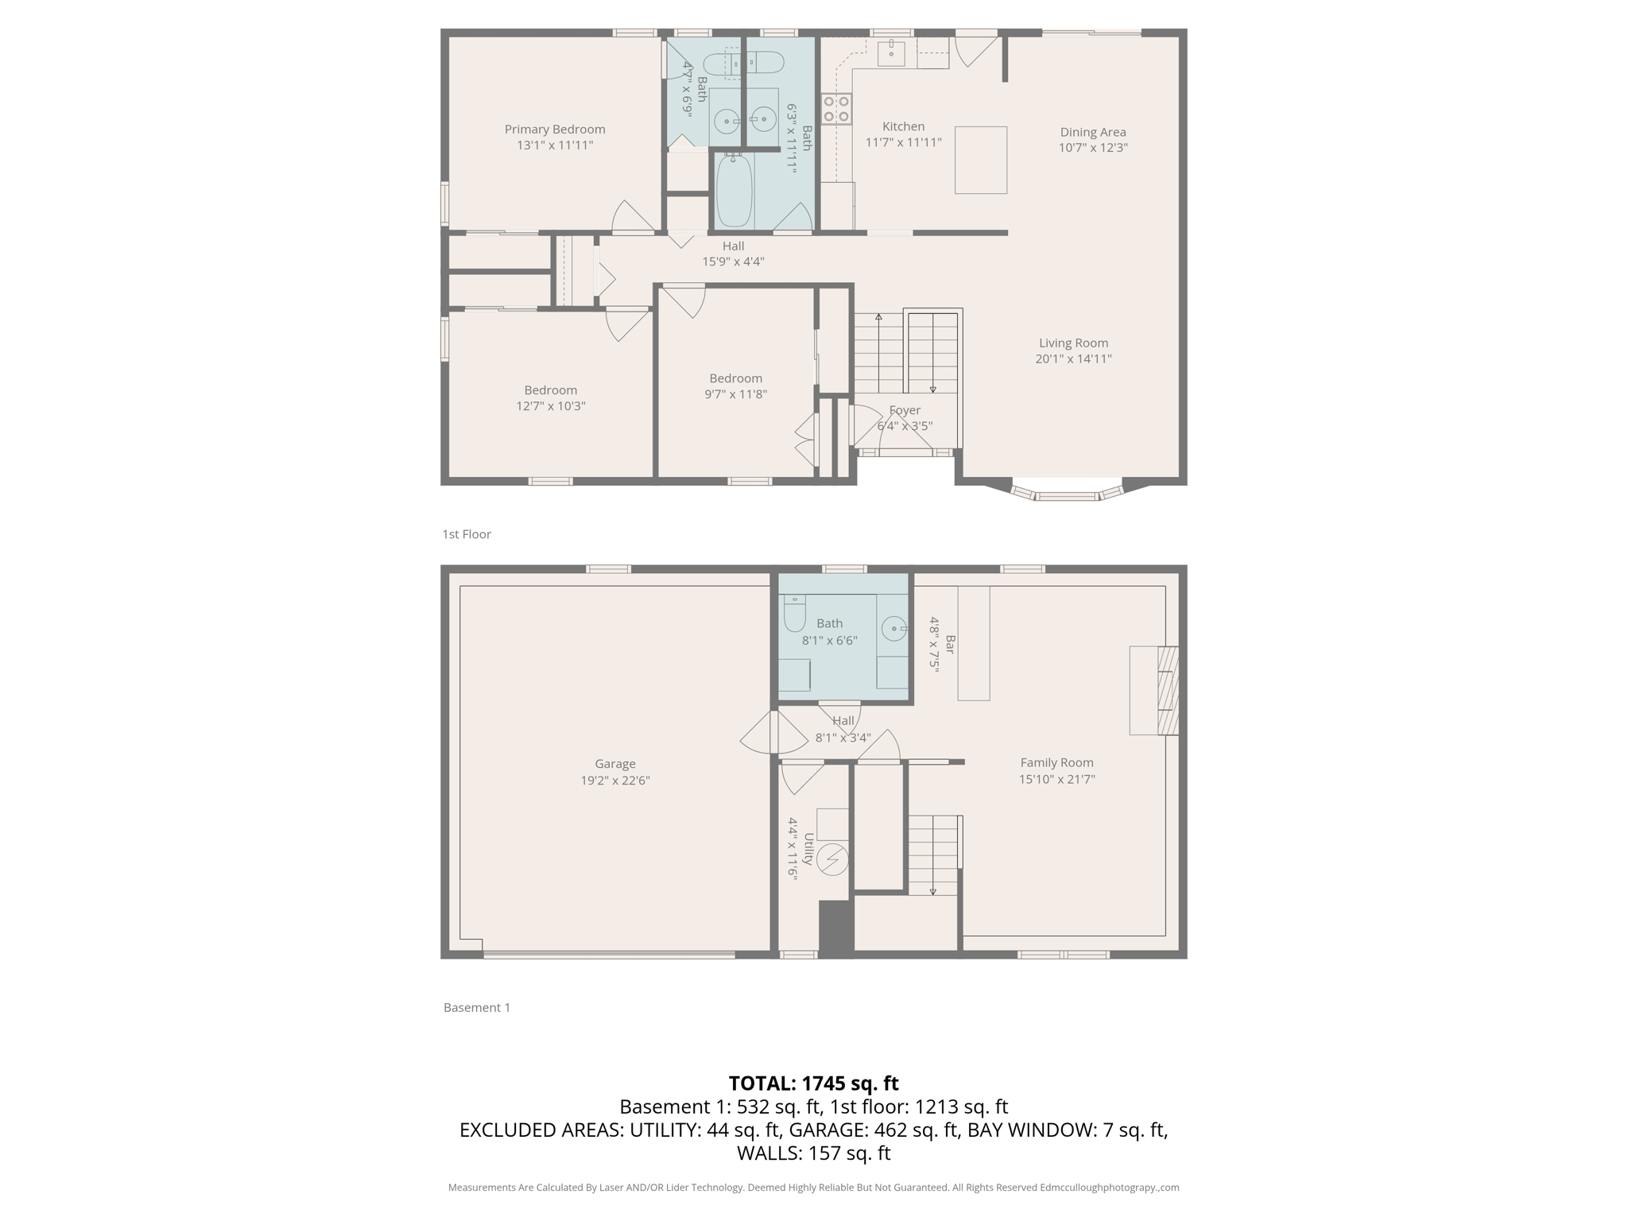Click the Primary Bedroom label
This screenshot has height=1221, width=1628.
(x=554, y=129)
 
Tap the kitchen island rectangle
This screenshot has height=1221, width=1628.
(x=980, y=160)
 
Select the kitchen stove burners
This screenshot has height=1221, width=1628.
(x=835, y=109)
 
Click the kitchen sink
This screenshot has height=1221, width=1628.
(x=891, y=53)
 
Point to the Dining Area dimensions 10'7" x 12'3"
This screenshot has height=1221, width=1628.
(x=1092, y=148)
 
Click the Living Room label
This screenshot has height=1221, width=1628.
(x=1072, y=343)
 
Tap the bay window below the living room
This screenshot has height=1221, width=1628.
(x=1067, y=494)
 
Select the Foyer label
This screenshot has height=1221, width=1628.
(x=905, y=410)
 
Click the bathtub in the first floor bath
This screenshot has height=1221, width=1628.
(x=734, y=191)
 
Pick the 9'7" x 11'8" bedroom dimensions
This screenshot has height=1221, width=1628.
(x=735, y=394)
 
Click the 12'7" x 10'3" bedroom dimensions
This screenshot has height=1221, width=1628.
(x=550, y=406)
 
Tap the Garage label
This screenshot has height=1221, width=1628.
(x=614, y=764)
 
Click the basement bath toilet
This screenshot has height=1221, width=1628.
(x=794, y=614)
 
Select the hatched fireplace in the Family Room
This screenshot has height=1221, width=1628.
(x=1167, y=690)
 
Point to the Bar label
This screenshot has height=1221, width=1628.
(x=949, y=644)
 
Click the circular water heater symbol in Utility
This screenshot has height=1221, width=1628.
(x=833, y=859)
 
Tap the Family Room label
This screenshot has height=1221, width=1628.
(x=1056, y=762)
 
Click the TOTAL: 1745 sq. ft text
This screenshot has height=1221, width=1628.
(x=813, y=1083)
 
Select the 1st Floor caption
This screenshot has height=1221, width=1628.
(x=467, y=534)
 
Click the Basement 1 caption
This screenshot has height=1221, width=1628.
(x=476, y=1007)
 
